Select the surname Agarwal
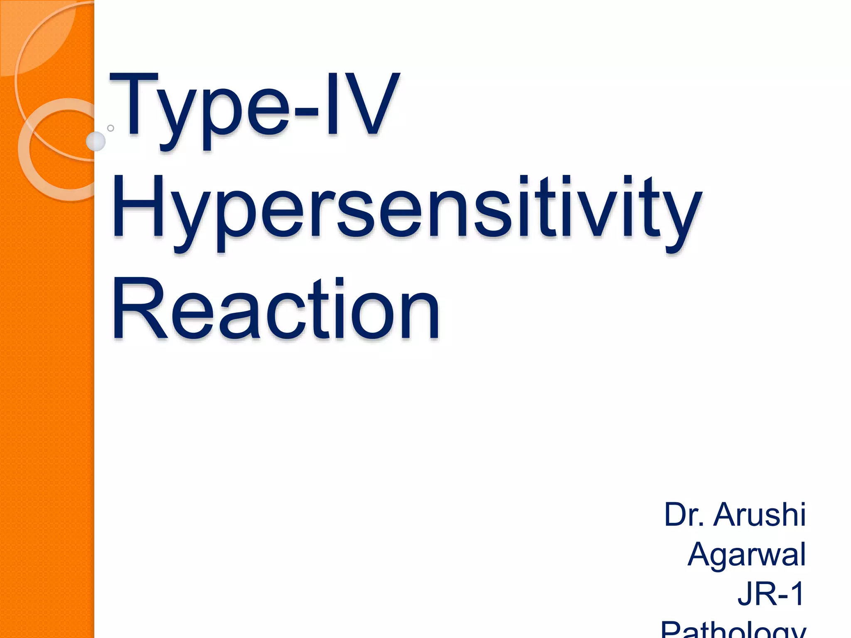pyautogui.click(x=747, y=554)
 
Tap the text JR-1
pyautogui.click(x=771, y=594)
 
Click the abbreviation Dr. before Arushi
pyautogui.click(x=684, y=515)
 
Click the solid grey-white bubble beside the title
pyautogui.click(x=96, y=142)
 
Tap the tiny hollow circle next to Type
pyautogui.click(x=111, y=128)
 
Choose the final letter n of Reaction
pyautogui.click(x=420, y=316)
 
